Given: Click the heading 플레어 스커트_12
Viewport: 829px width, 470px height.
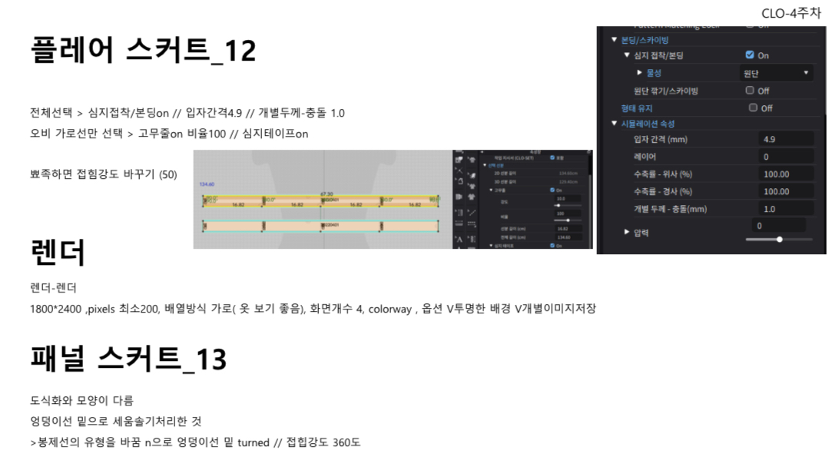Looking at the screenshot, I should [143, 51].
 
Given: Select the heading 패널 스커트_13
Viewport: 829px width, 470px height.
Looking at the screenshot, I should [128, 359].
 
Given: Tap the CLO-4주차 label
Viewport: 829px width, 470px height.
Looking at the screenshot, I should [791, 13].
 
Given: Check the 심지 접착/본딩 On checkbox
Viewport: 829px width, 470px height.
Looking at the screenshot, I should [750, 55].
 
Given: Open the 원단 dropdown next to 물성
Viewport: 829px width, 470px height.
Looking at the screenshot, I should [775, 73].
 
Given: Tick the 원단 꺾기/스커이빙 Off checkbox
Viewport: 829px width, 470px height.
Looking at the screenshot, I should [750, 91].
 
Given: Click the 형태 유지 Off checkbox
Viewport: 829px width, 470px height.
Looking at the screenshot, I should [753, 108].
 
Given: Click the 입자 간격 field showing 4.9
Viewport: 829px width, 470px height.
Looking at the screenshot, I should [785, 139].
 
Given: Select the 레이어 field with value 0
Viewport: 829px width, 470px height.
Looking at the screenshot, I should [785, 157].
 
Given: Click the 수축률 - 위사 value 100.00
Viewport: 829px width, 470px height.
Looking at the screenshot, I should [785, 174].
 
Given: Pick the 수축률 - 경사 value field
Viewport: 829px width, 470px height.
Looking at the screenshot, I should [785, 191].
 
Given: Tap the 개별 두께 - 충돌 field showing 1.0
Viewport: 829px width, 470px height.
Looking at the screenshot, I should [785, 209].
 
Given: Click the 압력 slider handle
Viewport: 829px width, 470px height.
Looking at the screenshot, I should [780, 240].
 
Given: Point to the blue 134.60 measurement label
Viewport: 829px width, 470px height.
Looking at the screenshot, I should [207, 185].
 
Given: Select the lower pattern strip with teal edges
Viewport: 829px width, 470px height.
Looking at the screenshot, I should [320, 226].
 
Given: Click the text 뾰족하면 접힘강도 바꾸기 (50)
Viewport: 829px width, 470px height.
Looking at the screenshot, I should [104, 174].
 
